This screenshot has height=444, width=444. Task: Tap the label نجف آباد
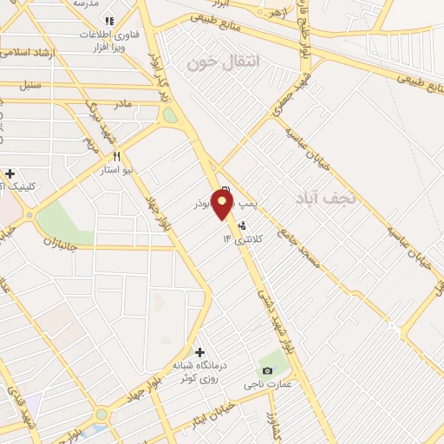pyautogui.click(x=325, y=197)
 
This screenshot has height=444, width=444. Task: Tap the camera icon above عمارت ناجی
pyautogui.click(x=266, y=371)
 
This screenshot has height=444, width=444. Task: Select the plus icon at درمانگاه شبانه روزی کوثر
pyautogui.click(x=200, y=352)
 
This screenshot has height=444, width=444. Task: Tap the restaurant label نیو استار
pyautogui.click(x=115, y=170)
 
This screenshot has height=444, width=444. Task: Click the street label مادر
pyautogui.click(x=122, y=103)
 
